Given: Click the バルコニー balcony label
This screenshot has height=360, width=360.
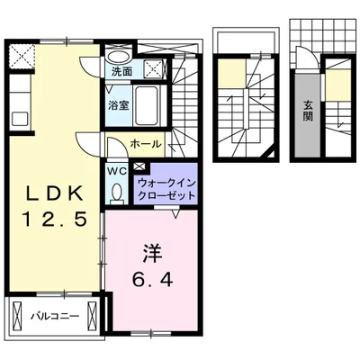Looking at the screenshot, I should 53,315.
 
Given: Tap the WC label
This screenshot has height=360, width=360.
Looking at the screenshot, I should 117,169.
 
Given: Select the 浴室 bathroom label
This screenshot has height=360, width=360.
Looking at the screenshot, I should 119,106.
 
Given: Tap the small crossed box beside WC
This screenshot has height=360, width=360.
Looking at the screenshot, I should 139,167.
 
